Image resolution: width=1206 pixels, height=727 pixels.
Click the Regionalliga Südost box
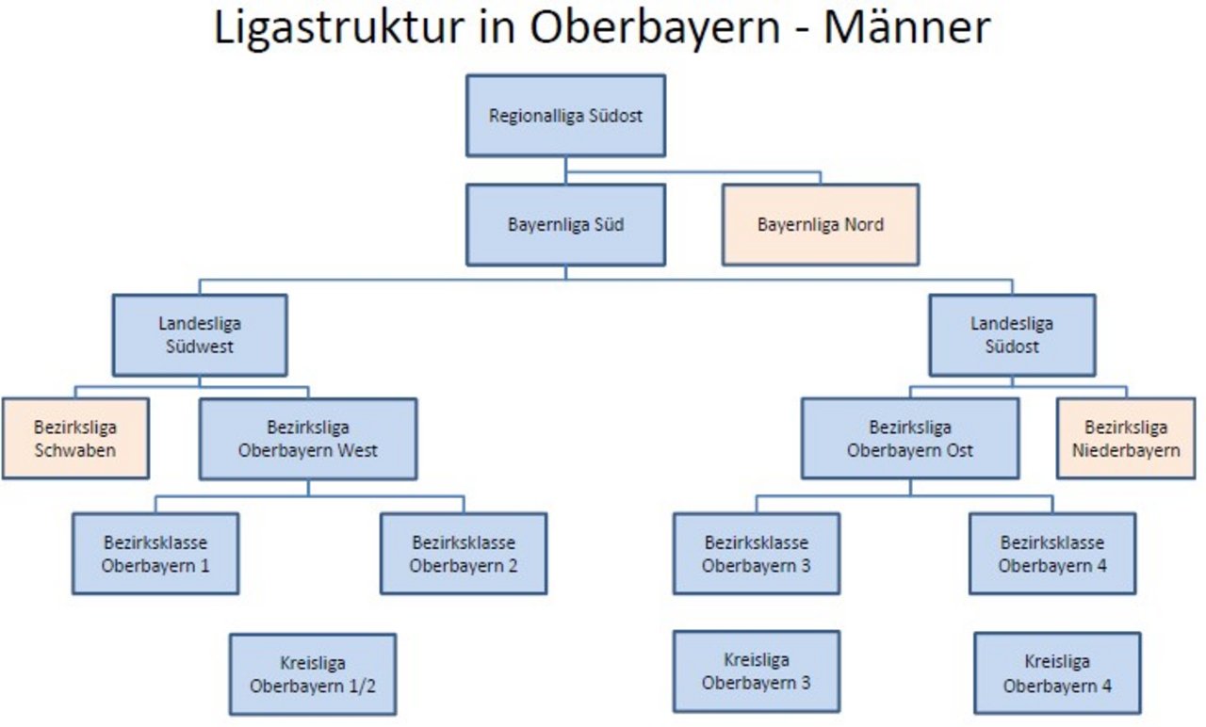click(566, 116)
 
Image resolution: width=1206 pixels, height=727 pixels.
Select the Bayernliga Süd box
click(566, 225)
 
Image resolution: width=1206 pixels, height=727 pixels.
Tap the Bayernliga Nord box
click(821, 225)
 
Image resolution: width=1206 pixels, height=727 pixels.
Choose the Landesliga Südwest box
click(200, 335)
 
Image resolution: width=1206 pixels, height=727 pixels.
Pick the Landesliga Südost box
click(1012, 335)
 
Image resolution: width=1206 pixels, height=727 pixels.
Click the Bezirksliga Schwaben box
click(75, 439)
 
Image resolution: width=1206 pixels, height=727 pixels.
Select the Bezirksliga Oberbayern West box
click(308, 439)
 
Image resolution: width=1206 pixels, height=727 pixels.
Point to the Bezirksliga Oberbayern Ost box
click(910, 439)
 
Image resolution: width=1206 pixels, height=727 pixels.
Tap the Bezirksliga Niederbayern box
click(1126, 439)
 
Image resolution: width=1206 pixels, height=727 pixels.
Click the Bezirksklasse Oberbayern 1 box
click(155, 554)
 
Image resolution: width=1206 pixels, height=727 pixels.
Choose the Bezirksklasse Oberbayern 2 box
click(464, 554)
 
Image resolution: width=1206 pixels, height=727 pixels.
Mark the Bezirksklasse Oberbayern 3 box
click(757, 554)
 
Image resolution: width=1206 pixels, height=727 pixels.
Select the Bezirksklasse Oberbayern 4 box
click(1052, 554)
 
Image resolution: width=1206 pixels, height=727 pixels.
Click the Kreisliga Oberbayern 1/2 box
click(313, 674)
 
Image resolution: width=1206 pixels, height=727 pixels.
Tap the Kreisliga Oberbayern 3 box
click(757, 671)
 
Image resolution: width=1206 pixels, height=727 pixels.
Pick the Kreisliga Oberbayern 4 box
click(1057, 673)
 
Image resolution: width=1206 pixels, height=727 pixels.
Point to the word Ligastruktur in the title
click(339, 28)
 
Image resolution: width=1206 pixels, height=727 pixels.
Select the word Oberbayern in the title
click(655, 28)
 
